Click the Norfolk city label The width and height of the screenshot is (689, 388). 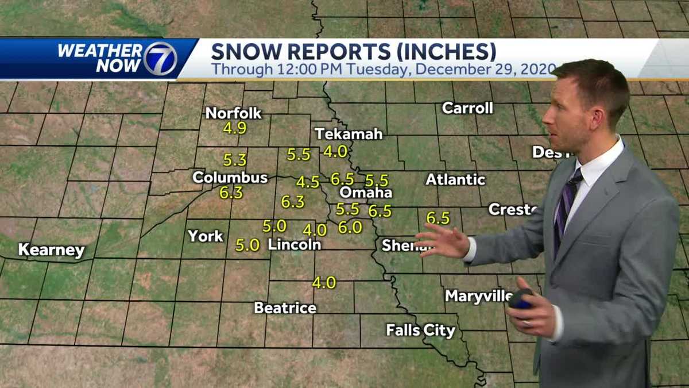point(233,113)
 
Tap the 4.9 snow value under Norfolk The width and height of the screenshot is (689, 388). point(234,128)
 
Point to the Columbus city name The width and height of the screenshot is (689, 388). point(230,178)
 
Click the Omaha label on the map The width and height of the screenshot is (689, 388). point(365,193)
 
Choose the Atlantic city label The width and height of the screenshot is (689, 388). point(455,180)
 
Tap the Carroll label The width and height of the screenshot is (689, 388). point(467,108)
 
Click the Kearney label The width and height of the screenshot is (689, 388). point(51,250)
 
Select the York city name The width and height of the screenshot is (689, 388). point(206,236)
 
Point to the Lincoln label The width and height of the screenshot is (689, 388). point(294,244)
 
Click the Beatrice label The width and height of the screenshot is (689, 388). point(285,308)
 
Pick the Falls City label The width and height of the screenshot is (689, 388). point(420,331)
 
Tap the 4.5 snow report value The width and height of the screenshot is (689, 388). point(308,182)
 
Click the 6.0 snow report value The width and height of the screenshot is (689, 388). point(350,228)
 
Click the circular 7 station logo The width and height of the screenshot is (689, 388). point(160,59)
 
